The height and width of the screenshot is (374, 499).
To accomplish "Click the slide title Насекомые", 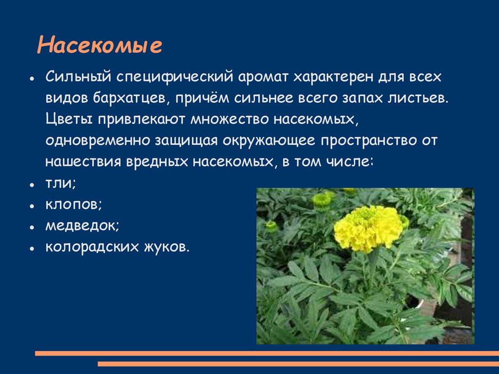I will coord(99,46).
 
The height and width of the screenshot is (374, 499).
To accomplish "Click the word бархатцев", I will coord(129,98).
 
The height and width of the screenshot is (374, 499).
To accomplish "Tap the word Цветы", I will coord(68,119).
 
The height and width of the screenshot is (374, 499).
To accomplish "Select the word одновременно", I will coord(97,140).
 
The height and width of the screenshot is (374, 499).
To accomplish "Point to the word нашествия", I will coord(83,161).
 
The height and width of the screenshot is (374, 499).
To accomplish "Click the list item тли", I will coord(60,183).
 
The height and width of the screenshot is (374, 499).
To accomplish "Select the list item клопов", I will coord(73,205).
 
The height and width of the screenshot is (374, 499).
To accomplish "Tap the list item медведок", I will coord(82,226).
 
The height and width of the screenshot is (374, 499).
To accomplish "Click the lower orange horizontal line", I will coord(298,364).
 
